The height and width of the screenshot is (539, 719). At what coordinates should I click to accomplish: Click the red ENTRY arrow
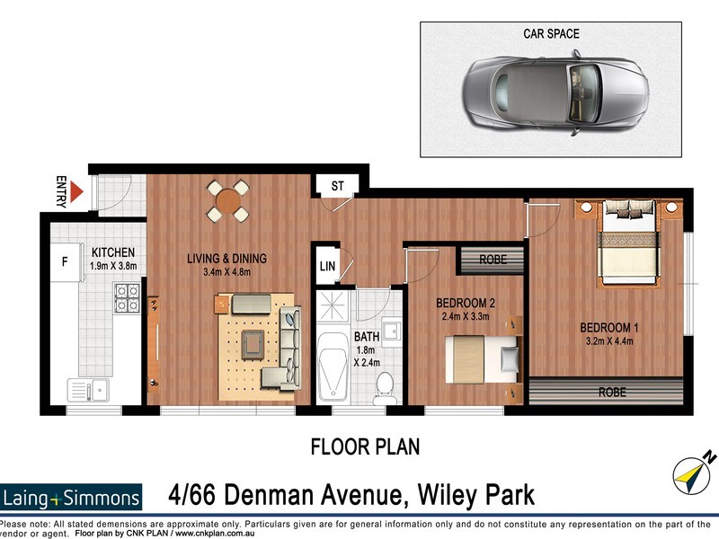pos(76,191)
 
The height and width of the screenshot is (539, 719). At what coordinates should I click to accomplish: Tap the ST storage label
pos(338,186)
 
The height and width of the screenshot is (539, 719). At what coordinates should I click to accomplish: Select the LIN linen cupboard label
pos(327,267)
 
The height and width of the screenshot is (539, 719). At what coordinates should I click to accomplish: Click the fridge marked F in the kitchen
pos(64,263)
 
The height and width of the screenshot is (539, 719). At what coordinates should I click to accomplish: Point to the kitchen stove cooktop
pos(125,297)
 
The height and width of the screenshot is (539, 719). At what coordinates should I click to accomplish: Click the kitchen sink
pos(90,391)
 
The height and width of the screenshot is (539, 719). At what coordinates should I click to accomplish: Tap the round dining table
pos(227,201)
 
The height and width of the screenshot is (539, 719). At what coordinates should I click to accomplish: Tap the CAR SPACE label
pos(551,34)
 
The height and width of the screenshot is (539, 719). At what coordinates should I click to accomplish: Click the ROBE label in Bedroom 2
pos(493,259)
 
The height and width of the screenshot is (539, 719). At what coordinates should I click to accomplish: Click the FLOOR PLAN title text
pos(365,446)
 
